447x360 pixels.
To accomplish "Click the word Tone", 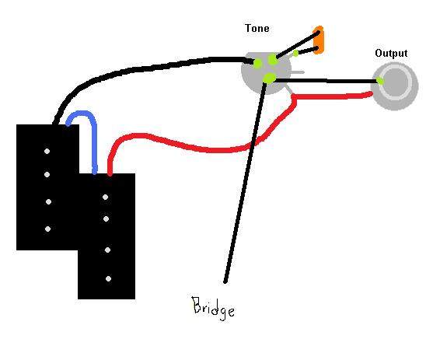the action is pyautogui.click(x=257, y=28).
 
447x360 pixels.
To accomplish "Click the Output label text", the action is pyautogui.click(x=391, y=54).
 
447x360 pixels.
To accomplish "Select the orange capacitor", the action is pyautogui.click(x=319, y=40).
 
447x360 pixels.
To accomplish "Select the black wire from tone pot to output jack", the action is pyautogui.click(x=325, y=81).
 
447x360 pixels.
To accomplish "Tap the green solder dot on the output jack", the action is pyautogui.click(x=380, y=81).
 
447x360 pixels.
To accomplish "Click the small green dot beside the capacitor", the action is pyautogui.click(x=295, y=53).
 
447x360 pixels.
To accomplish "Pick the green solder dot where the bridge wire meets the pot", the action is pyautogui.click(x=269, y=78).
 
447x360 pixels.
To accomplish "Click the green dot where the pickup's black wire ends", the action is pyautogui.click(x=258, y=62).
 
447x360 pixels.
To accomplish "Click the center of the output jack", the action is pyautogui.click(x=395, y=82).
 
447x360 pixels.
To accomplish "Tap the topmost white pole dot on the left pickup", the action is pyautogui.click(x=47, y=151).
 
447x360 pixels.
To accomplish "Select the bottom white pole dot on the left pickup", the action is pyautogui.click(x=47, y=229).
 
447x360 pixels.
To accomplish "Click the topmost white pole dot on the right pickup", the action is pyautogui.click(x=105, y=197).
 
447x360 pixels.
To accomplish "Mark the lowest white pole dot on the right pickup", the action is pyautogui.click(x=108, y=279).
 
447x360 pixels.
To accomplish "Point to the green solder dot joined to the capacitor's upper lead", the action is pyautogui.click(x=273, y=59).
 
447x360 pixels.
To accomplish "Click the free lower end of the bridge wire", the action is pyautogui.click(x=225, y=282).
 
